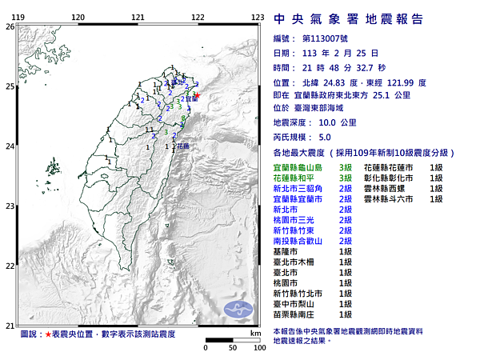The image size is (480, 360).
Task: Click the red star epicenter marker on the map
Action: [198, 95]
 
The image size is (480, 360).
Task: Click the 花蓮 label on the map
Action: [183, 147]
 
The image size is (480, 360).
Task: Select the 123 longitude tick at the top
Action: [258, 17]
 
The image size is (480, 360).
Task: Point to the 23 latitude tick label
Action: [10, 206]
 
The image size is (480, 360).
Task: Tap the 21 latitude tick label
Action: [10, 326]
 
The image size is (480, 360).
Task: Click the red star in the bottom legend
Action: [49, 333]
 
